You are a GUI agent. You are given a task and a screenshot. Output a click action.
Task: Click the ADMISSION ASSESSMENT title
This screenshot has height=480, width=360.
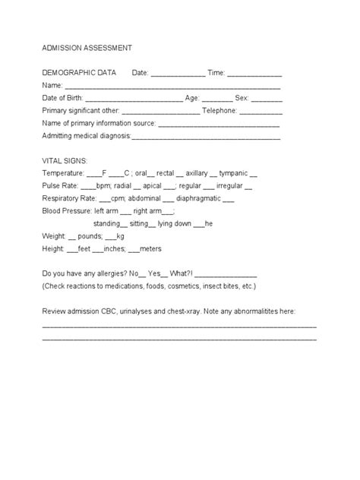pyautogui.click(x=87, y=47)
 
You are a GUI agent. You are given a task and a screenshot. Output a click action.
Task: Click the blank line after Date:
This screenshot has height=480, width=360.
pyautogui.click(x=178, y=74)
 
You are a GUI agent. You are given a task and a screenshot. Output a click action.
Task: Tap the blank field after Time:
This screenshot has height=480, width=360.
pyautogui.click(x=255, y=74)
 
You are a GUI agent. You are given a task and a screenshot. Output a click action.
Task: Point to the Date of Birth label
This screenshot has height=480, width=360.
pyautogui.click(x=63, y=98)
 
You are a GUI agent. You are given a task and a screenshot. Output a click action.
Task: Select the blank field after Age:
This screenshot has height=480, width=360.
pyautogui.click(x=217, y=99)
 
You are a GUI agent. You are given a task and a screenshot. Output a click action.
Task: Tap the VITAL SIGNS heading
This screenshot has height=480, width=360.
pyautogui.click(x=65, y=161)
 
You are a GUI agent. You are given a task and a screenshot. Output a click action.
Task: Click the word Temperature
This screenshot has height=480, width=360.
pyautogui.click(x=64, y=173)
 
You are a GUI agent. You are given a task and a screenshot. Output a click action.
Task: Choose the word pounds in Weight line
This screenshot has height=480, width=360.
pyautogui.click(x=93, y=235)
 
